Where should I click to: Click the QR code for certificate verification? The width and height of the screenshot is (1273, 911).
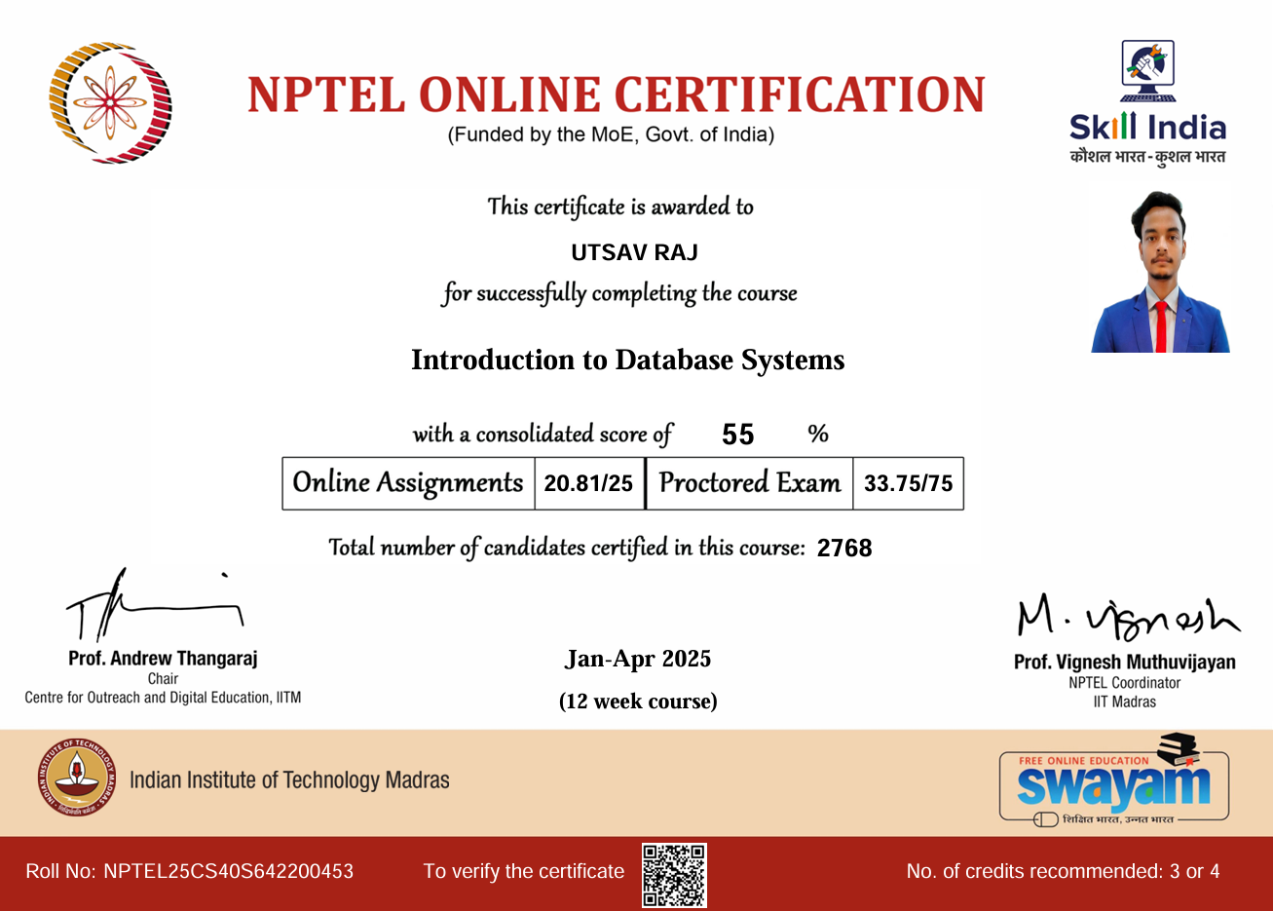tap(674, 875)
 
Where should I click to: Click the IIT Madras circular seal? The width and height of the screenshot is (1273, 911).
tap(76, 778)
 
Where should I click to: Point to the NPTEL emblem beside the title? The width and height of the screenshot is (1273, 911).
tap(110, 102)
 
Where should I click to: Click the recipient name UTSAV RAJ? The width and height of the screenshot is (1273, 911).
tap(634, 252)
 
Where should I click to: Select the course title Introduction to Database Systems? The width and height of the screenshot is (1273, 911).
tap(627, 361)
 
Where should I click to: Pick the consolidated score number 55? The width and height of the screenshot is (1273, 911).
tap(738, 435)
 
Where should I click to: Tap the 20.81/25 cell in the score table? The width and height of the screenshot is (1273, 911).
tap(588, 483)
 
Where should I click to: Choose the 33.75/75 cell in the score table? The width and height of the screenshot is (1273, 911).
tap(908, 483)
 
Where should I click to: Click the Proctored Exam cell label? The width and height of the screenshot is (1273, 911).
tap(749, 483)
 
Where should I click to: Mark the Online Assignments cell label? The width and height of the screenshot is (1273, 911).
tap(408, 483)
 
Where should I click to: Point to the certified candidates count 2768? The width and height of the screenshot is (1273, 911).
tap(844, 548)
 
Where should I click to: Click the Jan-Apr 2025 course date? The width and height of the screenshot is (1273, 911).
tap(638, 660)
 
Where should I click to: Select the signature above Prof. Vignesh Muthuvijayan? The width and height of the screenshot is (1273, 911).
tap(1127, 614)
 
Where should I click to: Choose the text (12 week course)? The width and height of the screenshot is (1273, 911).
tap(638, 702)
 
